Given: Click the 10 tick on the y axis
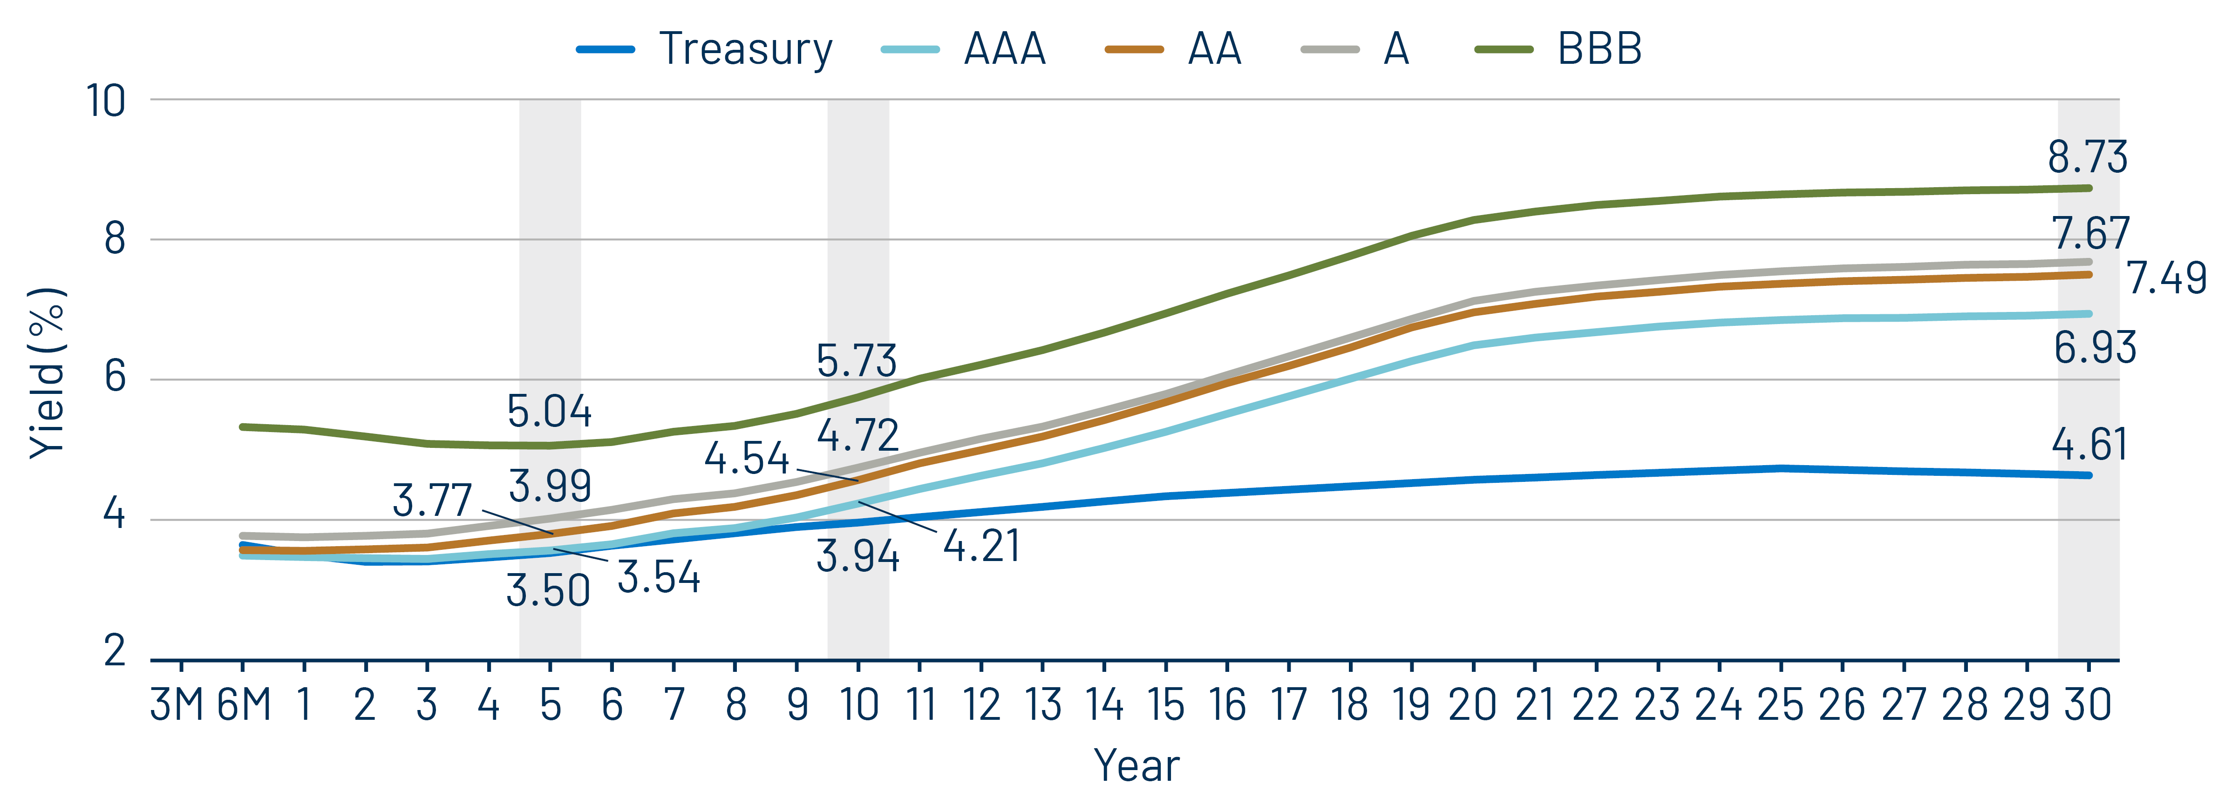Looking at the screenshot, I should click(106, 101).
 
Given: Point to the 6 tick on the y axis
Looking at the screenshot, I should click(115, 377).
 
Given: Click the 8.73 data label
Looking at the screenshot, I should click(2086, 157).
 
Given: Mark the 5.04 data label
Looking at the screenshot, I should click(549, 411).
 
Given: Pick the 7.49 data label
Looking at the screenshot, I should click(2166, 278).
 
